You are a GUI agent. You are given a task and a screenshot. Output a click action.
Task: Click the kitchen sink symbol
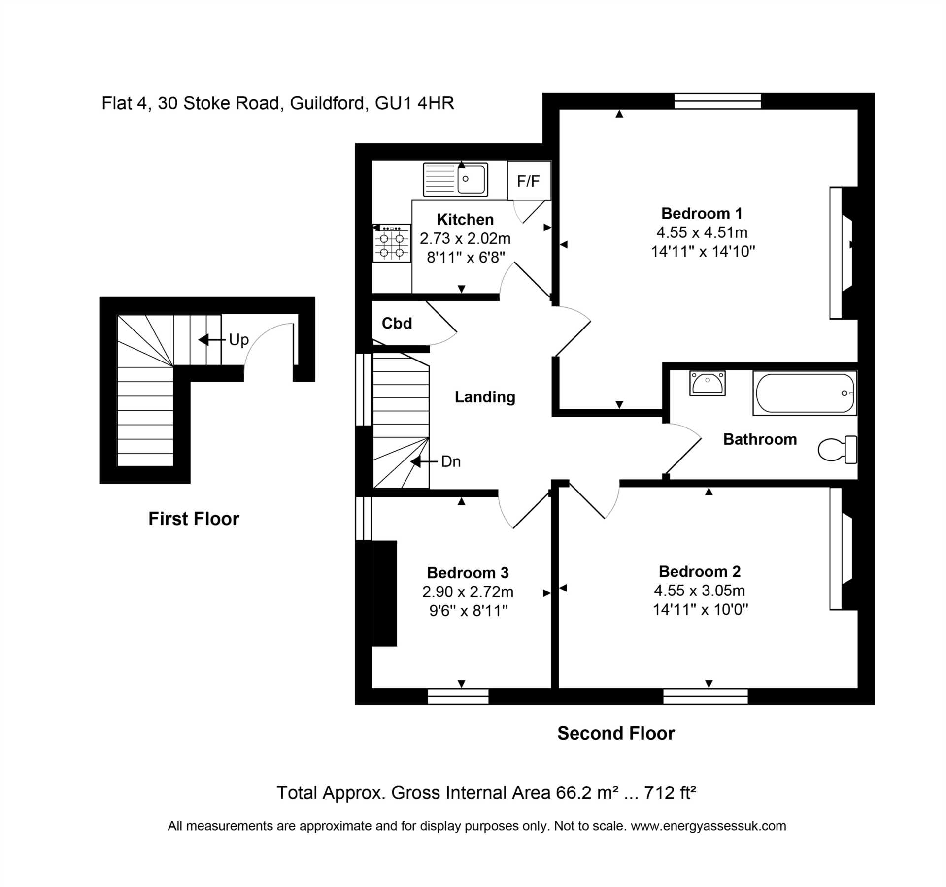(x=455, y=180)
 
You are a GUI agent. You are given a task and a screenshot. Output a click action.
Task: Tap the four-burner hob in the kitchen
(x=392, y=243)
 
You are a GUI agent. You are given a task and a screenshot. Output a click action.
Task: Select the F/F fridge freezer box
(x=529, y=181)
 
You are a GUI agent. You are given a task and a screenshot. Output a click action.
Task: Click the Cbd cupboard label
(x=397, y=323)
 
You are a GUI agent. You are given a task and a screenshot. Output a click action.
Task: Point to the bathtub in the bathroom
(x=805, y=393)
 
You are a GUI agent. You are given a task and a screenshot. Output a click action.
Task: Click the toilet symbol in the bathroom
(x=838, y=449)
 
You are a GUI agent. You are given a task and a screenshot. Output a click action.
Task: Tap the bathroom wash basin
(x=708, y=384)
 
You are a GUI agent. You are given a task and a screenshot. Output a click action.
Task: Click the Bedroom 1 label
(x=702, y=213)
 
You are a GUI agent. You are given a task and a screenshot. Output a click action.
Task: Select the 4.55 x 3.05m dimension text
(x=699, y=590)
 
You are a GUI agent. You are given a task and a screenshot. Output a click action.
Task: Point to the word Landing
(x=485, y=397)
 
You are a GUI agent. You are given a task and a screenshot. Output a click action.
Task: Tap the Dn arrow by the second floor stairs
(x=424, y=461)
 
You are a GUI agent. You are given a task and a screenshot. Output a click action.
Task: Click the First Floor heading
(x=194, y=519)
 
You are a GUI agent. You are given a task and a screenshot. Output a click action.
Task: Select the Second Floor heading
(x=616, y=733)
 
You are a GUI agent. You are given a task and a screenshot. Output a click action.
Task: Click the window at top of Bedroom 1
(x=717, y=101)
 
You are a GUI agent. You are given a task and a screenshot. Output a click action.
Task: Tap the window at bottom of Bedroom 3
(x=458, y=696)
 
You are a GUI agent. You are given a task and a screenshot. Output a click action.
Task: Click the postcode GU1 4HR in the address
(x=414, y=103)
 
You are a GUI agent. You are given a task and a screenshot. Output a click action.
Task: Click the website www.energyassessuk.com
(x=708, y=826)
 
